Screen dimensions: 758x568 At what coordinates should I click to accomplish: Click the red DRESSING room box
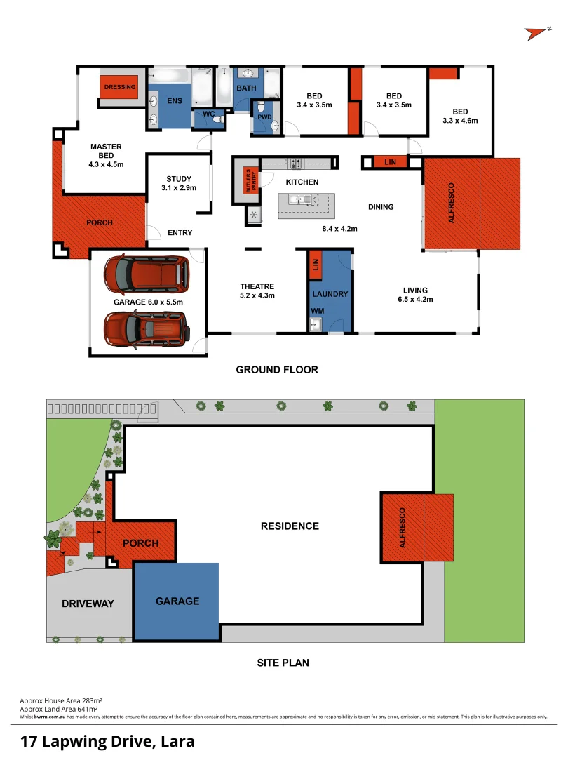(x=120, y=87)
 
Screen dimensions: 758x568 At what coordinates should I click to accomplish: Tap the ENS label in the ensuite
(x=175, y=101)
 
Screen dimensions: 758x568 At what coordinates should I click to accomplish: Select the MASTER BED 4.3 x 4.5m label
(x=106, y=156)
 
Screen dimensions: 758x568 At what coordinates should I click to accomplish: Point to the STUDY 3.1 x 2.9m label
(x=179, y=183)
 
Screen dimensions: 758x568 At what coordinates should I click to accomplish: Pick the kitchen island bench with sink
(x=306, y=205)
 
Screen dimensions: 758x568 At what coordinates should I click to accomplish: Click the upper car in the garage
(x=147, y=274)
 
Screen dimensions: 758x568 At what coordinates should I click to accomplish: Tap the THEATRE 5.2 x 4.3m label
(x=257, y=291)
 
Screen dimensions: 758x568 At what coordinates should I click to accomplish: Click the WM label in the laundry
(x=317, y=310)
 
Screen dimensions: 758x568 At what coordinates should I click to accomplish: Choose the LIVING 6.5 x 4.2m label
(x=415, y=295)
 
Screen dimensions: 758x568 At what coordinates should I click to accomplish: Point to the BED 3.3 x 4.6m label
(x=460, y=116)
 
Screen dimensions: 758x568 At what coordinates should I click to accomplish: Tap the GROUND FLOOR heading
(x=277, y=370)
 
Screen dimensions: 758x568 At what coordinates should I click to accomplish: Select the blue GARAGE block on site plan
(x=177, y=601)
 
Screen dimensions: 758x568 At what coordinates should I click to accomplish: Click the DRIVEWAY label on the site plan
(x=87, y=604)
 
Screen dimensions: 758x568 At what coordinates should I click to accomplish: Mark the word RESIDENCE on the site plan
(x=290, y=526)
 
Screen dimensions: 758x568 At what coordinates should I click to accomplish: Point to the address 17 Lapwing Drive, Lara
(x=107, y=741)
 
